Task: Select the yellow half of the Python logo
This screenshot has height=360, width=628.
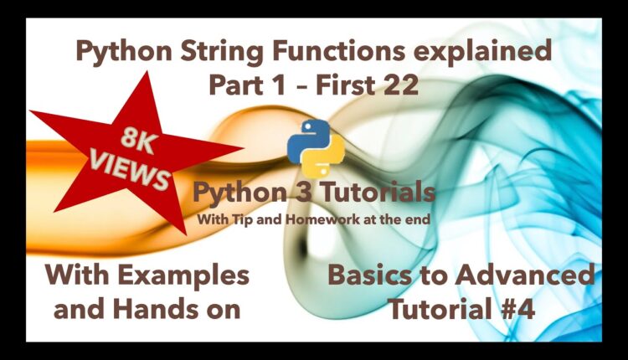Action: click(x=323, y=156)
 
